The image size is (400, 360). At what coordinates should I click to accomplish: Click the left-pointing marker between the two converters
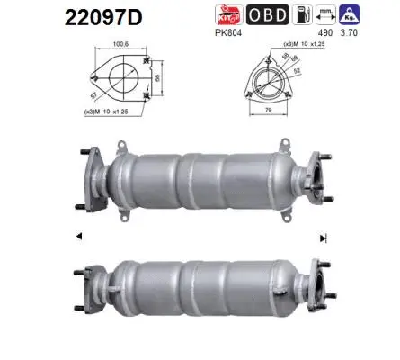79,237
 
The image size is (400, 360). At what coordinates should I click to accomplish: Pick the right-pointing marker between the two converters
321,237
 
